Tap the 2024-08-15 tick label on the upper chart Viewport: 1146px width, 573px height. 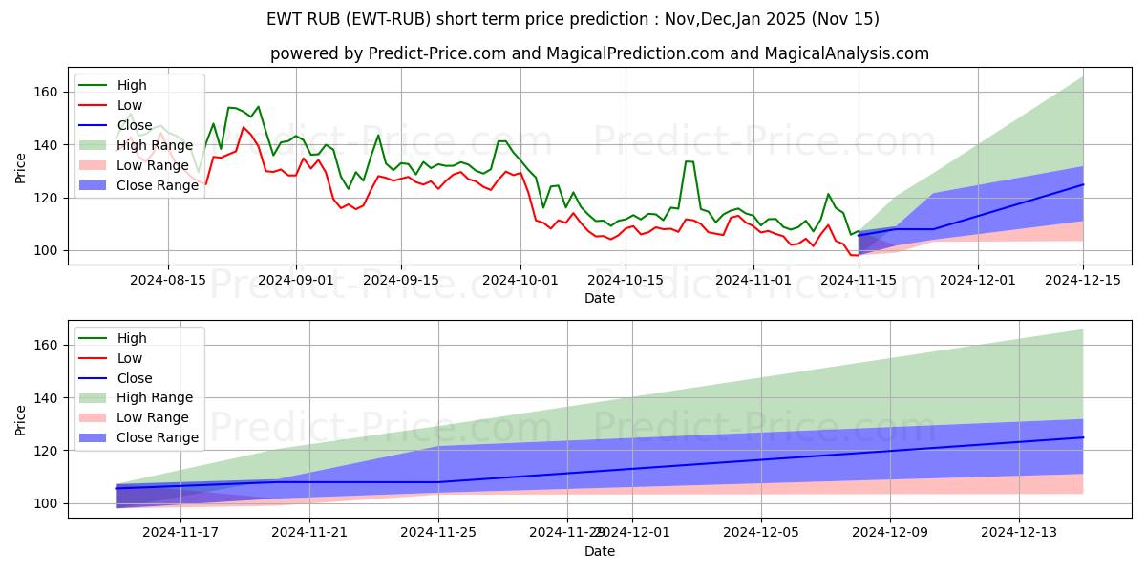point(168,280)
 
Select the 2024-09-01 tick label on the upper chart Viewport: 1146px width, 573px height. point(295,280)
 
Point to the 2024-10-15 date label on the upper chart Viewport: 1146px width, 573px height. point(625,280)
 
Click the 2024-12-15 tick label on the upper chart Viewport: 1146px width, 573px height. point(1083,280)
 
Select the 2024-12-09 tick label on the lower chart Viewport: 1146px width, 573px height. point(890,533)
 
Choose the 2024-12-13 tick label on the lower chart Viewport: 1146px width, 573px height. point(1019,533)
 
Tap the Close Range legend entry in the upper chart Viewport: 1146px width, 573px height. point(158,185)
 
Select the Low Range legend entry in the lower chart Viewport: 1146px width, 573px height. point(153,417)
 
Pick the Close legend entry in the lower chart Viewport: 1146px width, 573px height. point(135,378)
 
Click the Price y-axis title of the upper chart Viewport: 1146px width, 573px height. point(21,169)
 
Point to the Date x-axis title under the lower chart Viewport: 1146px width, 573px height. point(600,551)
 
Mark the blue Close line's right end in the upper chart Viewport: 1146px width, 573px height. point(1083,184)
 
